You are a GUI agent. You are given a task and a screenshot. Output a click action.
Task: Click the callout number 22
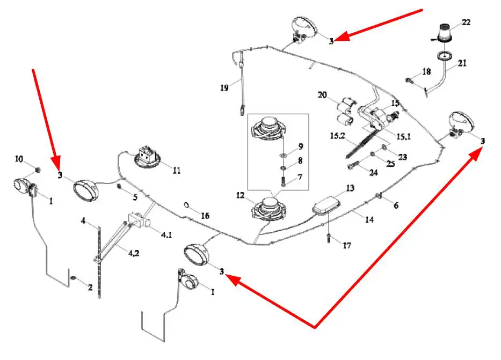[465, 22]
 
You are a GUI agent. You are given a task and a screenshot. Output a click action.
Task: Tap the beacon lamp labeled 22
[445, 34]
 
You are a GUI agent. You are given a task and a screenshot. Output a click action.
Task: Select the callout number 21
[462, 63]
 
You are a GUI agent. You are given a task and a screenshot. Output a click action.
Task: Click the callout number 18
[426, 71]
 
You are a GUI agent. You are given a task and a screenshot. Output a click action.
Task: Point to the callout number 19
[225, 86]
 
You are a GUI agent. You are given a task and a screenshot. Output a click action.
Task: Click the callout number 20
[322, 95]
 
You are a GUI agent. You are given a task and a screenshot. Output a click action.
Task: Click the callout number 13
[350, 188]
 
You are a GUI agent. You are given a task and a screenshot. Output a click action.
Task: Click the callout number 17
[347, 245]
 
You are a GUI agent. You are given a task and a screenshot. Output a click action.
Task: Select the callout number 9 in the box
[300, 146]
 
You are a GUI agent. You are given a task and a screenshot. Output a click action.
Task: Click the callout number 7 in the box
[300, 177]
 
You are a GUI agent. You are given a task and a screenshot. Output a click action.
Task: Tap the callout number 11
[176, 171]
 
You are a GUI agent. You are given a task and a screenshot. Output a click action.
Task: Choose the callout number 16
[205, 215]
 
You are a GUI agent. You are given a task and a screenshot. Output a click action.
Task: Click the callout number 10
[19, 159]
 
